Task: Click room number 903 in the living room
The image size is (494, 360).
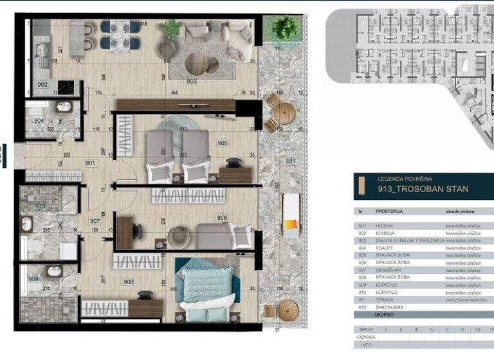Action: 192,81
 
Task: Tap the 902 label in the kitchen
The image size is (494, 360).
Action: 42,84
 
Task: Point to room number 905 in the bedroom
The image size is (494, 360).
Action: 223,143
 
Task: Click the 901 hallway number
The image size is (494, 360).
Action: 91,163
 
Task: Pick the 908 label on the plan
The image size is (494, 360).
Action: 129,282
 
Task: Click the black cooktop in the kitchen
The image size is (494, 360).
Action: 66,86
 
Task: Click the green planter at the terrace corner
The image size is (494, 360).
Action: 284,28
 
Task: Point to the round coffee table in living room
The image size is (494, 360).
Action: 197,62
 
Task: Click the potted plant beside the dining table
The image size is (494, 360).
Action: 170,30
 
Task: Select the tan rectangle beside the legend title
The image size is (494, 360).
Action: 365,186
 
